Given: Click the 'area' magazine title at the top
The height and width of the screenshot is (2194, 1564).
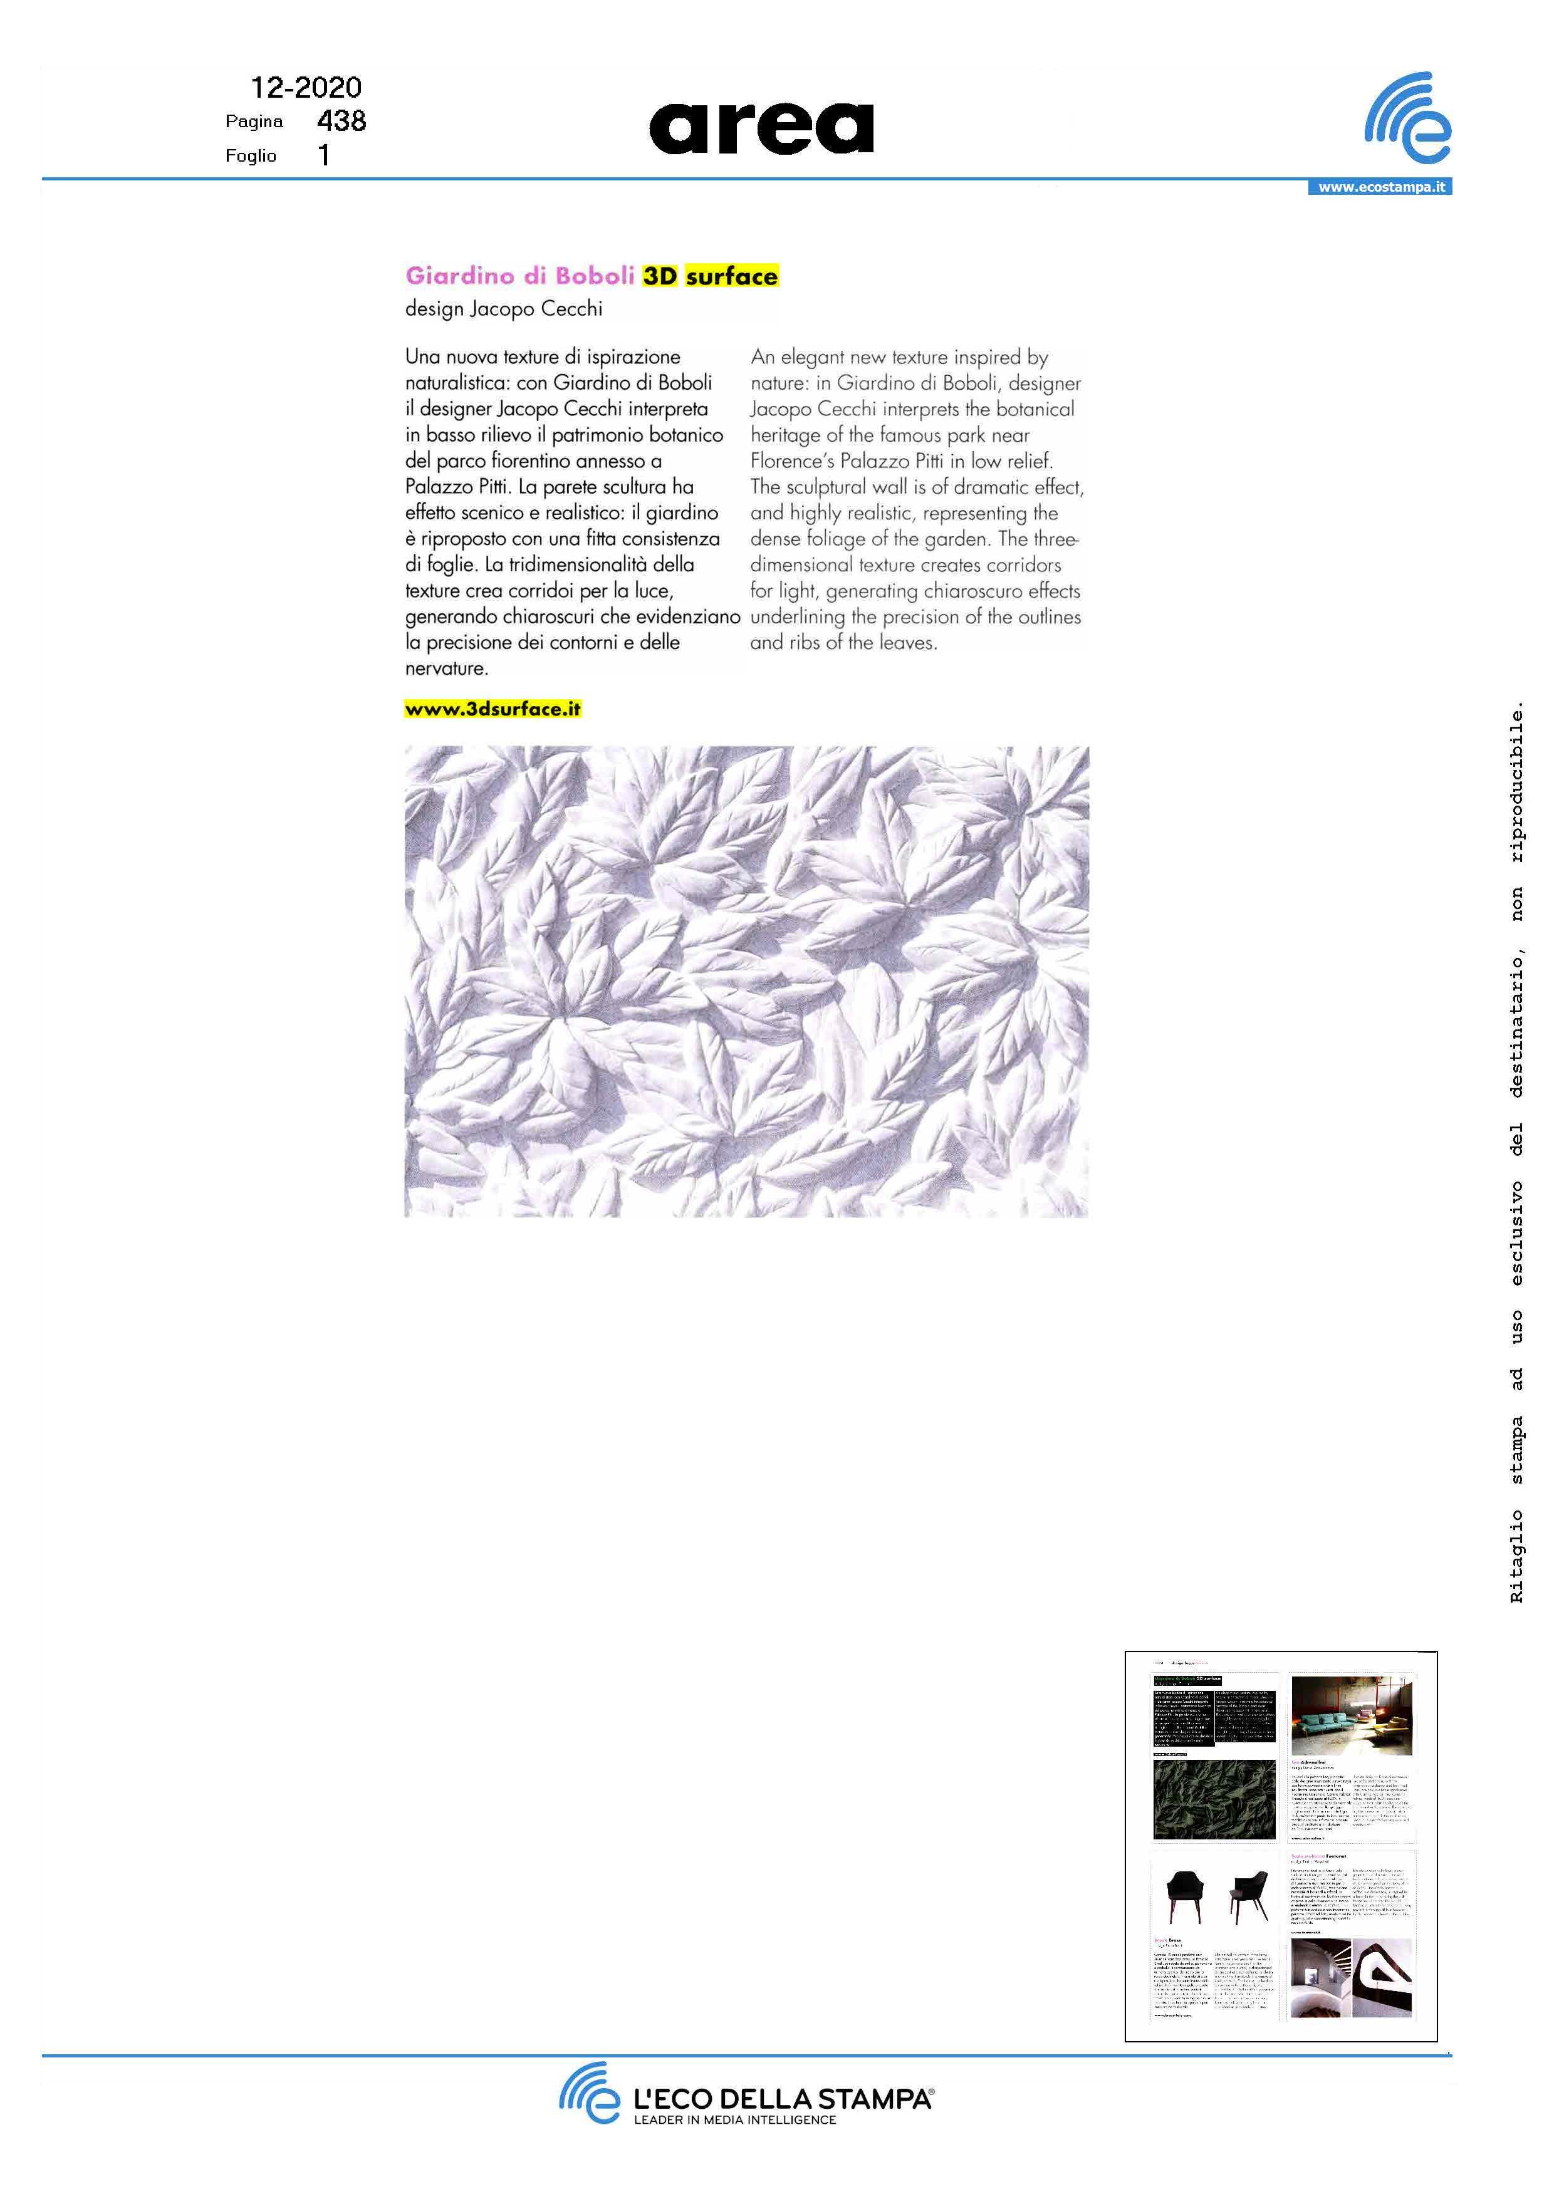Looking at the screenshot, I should click(x=761, y=128).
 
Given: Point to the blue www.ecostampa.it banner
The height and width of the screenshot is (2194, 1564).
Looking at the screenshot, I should click(x=1379, y=187).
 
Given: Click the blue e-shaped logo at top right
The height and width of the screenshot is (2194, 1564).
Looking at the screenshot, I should click(x=1408, y=117).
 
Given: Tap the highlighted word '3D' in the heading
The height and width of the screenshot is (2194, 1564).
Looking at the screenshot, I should click(x=660, y=276).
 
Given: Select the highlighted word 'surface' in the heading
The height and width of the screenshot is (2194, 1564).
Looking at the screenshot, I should click(x=732, y=276).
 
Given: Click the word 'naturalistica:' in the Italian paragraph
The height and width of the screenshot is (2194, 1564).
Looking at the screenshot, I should click(x=457, y=382).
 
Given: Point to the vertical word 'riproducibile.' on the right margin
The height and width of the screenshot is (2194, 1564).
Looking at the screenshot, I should click(x=1517, y=784).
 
